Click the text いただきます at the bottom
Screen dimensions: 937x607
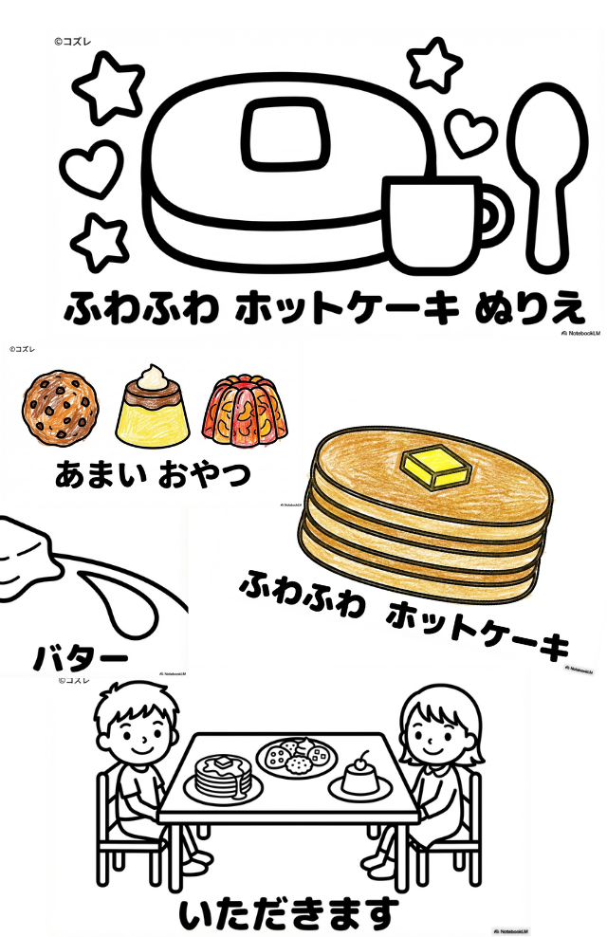pos(285,912)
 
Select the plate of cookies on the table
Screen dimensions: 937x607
pos(297,755)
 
